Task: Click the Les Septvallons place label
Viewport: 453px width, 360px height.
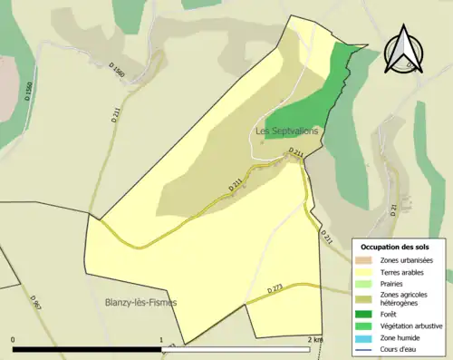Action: coord(287,131)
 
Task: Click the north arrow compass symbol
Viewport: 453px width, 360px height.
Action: coord(404,52)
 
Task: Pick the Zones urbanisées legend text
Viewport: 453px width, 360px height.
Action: coord(407,260)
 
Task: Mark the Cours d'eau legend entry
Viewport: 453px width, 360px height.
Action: coord(400,348)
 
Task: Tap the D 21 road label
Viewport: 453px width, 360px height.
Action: coord(394,210)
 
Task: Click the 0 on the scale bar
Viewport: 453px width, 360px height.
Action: coord(14,339)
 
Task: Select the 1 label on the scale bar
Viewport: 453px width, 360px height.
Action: coord(163,339)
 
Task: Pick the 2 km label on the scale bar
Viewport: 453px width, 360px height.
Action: coord(315,339)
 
